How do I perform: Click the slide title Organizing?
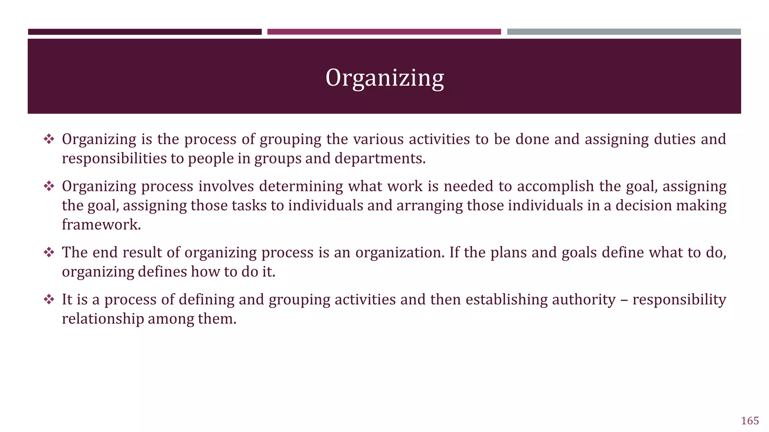click(384, 78)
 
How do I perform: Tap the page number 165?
click(750, 421)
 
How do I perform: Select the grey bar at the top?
click(624, 32)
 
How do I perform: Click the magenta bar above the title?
click(384, 32)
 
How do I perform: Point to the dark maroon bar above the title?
click(145, 32)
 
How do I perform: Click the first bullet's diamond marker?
click(49, 139)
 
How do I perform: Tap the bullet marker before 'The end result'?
click(49, 253)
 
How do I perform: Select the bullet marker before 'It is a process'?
click(49, 300)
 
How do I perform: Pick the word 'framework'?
click(101, 225)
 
